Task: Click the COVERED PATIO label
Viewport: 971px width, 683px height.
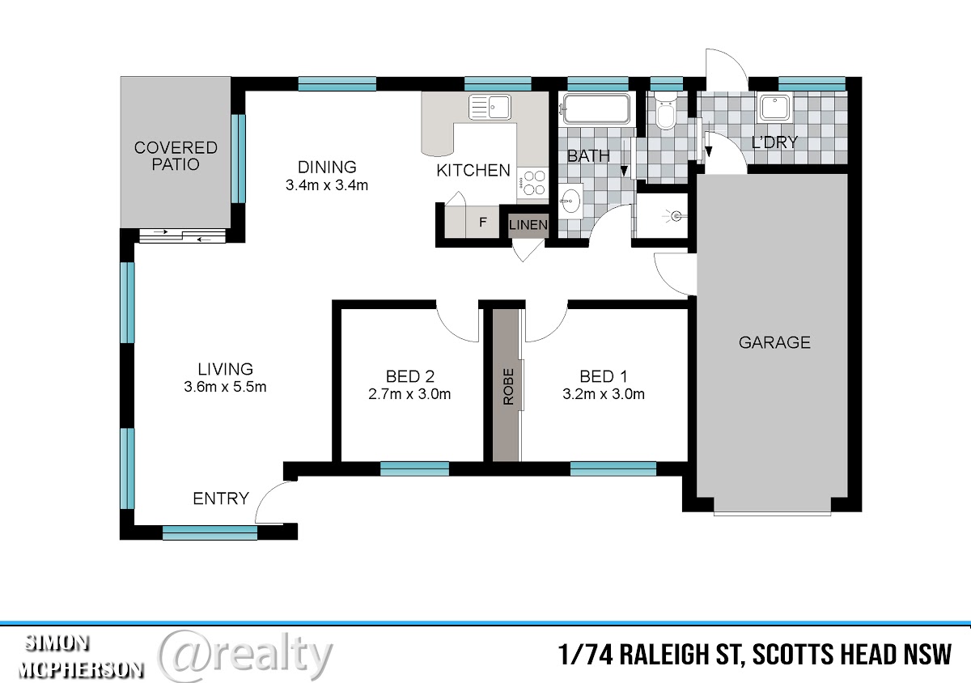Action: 176,155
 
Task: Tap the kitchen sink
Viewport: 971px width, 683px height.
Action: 490,107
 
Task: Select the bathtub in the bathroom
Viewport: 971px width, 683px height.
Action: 596,108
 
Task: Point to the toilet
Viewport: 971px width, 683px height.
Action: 664,112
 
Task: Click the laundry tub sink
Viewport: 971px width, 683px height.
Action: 775,107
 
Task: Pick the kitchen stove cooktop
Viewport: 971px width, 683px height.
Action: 532,184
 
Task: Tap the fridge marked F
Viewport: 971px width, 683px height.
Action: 482,222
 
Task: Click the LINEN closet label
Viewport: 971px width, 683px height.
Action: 528,225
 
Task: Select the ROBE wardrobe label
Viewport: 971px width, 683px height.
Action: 508,386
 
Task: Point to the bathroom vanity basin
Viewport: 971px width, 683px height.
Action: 570,202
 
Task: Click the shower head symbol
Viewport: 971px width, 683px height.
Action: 675,215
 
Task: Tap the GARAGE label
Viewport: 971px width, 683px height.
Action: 774,342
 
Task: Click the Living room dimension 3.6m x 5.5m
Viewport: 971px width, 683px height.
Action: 225,387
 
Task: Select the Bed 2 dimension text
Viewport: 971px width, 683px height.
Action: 409,394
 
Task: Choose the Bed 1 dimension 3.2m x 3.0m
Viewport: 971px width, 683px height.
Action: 604,394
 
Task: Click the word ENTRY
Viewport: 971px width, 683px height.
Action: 221,498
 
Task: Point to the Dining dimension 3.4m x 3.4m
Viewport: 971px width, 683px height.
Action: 326,185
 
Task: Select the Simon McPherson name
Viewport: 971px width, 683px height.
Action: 81,656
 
